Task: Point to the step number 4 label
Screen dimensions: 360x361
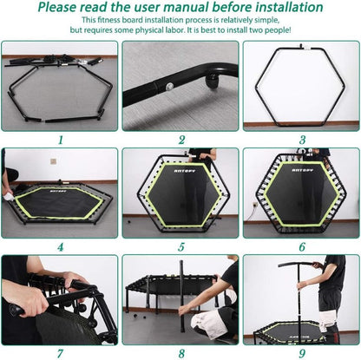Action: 59,245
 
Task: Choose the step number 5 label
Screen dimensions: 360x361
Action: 181,245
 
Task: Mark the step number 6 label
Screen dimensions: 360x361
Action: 300,245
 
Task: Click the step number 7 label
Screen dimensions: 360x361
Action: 59,352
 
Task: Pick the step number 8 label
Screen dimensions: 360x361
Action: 181,352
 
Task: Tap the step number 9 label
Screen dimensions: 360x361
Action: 300,352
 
